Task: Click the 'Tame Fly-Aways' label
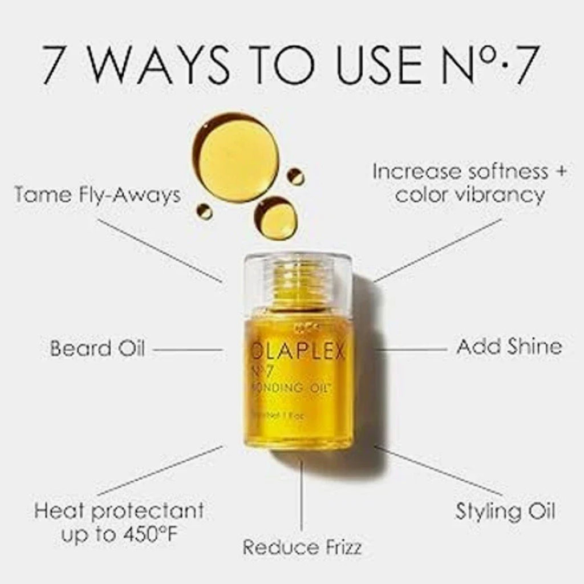tap(97, 196)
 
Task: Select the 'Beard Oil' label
tap(97, 348)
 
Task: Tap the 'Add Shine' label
tap(509, 347)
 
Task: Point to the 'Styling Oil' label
tap(505, 511)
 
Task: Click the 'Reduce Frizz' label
tap(302, 547)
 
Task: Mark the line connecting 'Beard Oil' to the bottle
tap(188, 349)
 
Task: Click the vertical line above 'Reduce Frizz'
tap(302, 496)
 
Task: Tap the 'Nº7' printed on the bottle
tap(262, 371)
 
